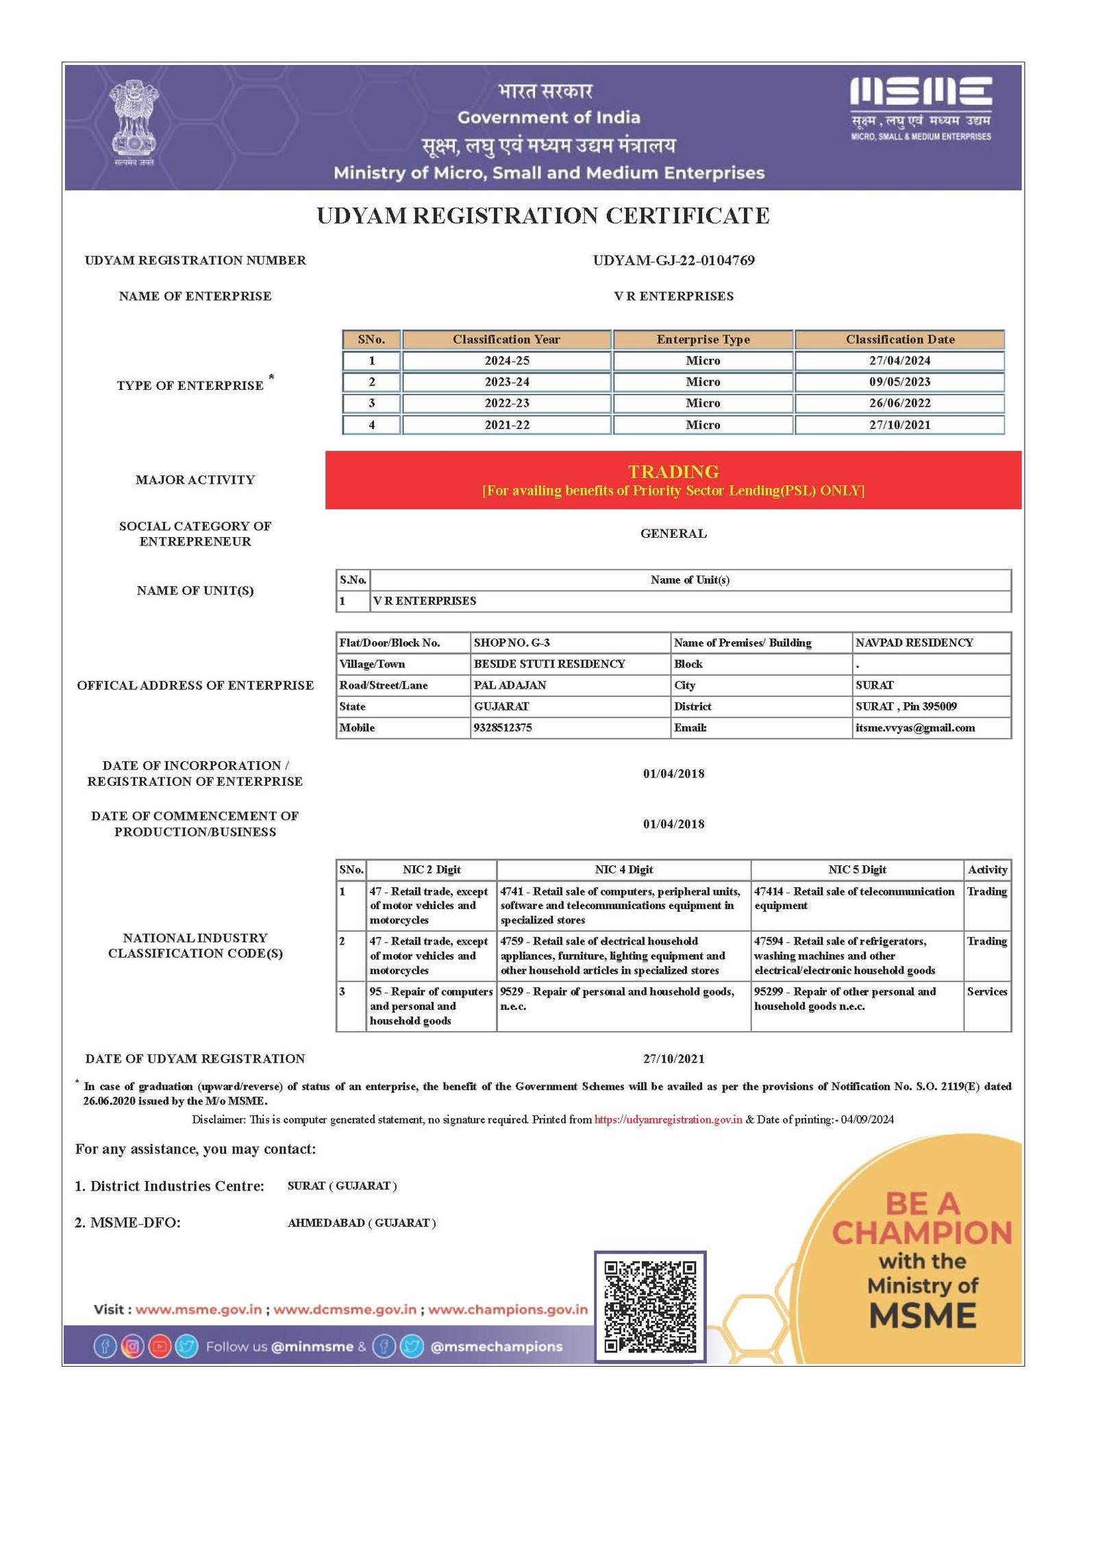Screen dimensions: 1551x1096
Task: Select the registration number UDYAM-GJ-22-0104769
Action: pyautogui.click(x=673, y=260)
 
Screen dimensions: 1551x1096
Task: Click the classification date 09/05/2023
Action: pyautogui.click(x=899, y=382)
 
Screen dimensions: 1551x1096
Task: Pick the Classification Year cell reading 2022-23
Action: pyautogui.click(x=507, y=403)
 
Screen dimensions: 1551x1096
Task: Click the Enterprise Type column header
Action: pyautogui.click(x=703, y=339)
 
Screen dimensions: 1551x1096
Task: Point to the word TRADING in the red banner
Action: pyautogui.click(x=673, y=471)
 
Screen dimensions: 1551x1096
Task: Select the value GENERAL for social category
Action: pyautogui.click(x=673, y=533)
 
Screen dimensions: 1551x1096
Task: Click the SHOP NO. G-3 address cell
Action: pyautogui.click(x=512, y=643)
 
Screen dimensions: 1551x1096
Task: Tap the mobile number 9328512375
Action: pyautogui.click(x=503, y=728)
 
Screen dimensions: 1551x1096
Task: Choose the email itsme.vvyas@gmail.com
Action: pyautogui.click(x=914, y=728)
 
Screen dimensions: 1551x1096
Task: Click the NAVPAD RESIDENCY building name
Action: pyautogui.click(x=914, y=643)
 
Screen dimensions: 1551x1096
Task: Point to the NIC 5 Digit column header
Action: pyautogui.click(x=857, y=869)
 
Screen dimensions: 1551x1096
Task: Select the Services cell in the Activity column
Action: pyautogui.click(x=986, y=991)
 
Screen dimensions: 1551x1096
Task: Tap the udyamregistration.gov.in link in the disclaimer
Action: pyautogui.click(x=668, y=1119)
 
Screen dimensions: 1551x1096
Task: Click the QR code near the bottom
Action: pyautogui.click(x=649, y=1306)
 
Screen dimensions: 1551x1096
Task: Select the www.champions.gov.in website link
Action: pyautogui.click(x=508, y=1309)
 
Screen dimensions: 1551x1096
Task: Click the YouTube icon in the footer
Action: pyautogui.click(x=159, y=1346)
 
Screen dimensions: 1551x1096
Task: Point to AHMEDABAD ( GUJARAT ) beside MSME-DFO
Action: pyautogui.click(x=362, y=1223)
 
